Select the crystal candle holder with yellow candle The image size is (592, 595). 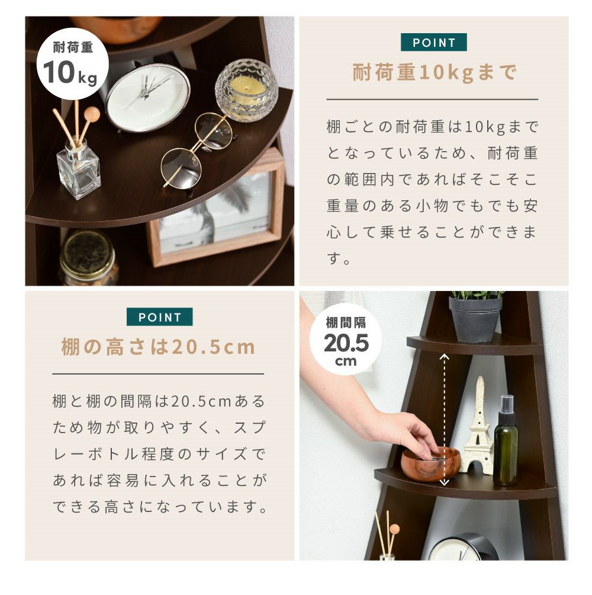click(247, 90)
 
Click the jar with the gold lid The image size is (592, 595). click(89, 258)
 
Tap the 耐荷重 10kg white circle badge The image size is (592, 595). click(72, 63)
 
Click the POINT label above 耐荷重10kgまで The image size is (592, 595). click(433, 43)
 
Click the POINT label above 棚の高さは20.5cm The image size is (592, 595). click(160, 317)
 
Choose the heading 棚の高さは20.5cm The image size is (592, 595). click(159, 347)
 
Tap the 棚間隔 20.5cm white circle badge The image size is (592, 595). click(345, 340)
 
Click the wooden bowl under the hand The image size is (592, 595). click(430, 463)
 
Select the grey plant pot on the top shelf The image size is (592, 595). click(475, 319)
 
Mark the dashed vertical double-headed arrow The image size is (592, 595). click(444, 420)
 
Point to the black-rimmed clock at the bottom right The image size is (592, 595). click(463, 547)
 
